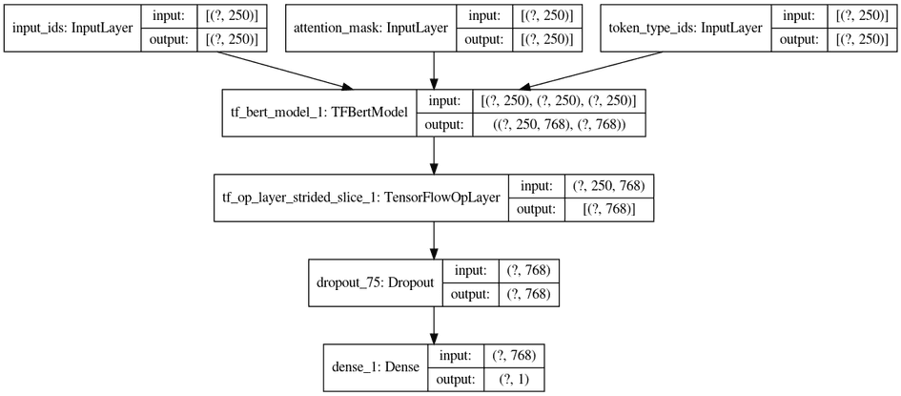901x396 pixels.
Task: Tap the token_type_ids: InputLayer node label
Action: pos(684,29)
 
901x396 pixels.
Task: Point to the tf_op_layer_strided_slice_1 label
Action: pos(361,198)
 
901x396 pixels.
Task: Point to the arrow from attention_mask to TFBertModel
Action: pos(435,72)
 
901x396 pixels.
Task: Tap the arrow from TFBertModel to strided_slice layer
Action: pos(435,156)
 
